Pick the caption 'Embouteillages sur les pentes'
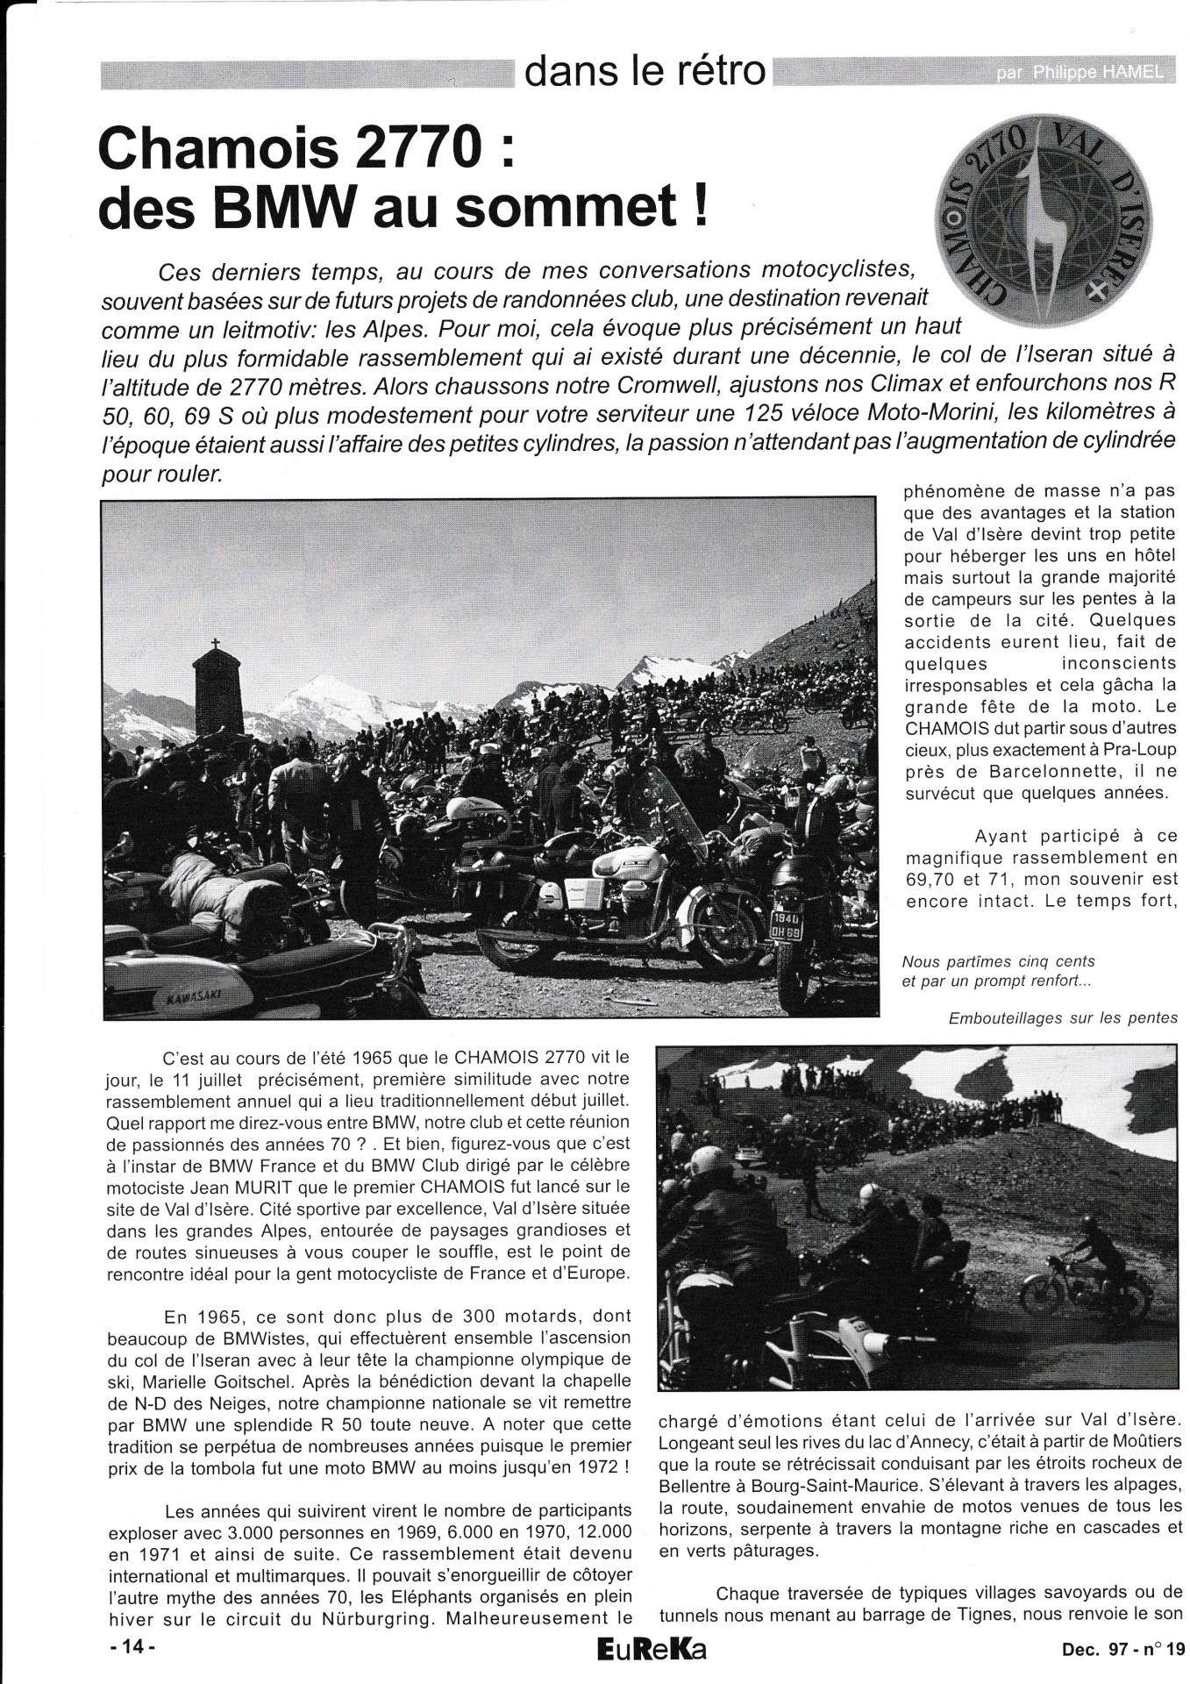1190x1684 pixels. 1062,1018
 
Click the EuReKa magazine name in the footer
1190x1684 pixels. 651,1648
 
